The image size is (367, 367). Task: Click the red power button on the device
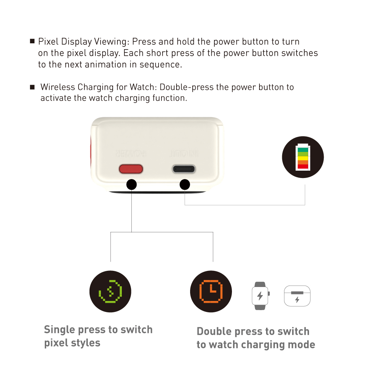click(x=131, y=169)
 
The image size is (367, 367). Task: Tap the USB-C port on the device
click(x=184, y=169)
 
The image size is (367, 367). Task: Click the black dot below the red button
click(x=131, y=185)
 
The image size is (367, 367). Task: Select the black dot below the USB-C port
click(x=185, y=185)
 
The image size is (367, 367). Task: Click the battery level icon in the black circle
click(x=303, y=157)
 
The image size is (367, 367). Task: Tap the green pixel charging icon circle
click(x=110, y=291)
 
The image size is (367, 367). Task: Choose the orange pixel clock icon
click(x=211, y=291)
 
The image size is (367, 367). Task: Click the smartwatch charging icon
click(x=260, y=296)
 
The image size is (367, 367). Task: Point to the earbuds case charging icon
click(x=297, y=296)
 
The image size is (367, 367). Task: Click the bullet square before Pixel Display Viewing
click(x=32, y=41)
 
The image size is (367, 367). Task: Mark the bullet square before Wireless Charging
click(x=32, y=87)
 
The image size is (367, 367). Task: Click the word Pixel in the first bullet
click(x=48, y=42)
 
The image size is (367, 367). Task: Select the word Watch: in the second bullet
click(x=143, y=87)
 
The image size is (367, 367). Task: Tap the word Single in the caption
click(x=60, y=330)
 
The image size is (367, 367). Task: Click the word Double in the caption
click(x=214, y=331)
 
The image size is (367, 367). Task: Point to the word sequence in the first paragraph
click(x=161, y=65)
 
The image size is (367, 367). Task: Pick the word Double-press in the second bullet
click(x=187, y=87)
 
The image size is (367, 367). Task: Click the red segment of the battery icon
click(x=303, y=166)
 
